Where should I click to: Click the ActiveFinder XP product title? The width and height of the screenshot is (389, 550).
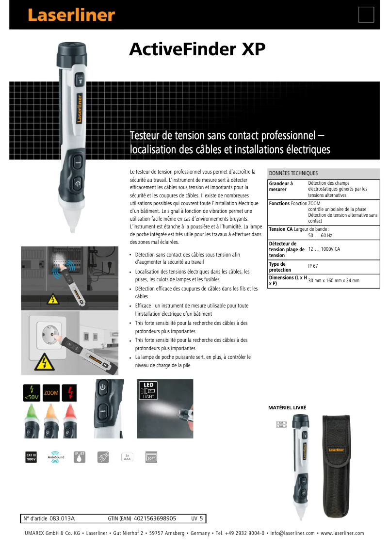(197, 50)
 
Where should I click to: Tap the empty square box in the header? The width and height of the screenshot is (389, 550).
(366, 15)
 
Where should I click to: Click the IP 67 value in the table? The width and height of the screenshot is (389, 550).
(313, 266)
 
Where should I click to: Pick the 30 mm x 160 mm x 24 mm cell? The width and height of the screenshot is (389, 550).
(334, 280)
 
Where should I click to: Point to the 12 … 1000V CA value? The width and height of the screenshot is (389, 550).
(324, 249)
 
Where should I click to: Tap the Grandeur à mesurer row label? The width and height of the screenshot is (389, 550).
(281, 186)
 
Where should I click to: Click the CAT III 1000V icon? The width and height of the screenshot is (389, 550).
(31, 457)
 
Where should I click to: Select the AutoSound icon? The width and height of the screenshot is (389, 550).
(56, 457)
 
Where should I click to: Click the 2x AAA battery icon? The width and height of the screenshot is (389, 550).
(127, 457)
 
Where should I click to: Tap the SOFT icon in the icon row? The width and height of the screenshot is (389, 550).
(151, 457)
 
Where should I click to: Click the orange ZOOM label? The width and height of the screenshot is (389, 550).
(51, 393)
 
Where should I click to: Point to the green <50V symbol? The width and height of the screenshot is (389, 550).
(32, 393)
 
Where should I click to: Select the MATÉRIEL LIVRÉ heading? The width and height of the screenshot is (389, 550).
(287, 408)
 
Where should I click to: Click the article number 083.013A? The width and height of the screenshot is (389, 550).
(62, 518)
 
